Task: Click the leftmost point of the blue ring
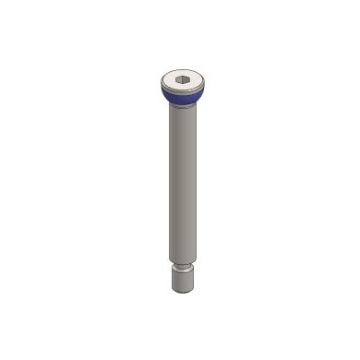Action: tap(161, 91)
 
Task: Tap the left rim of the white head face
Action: tap(162, 81)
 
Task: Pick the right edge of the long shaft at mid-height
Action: tap(194, 185)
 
